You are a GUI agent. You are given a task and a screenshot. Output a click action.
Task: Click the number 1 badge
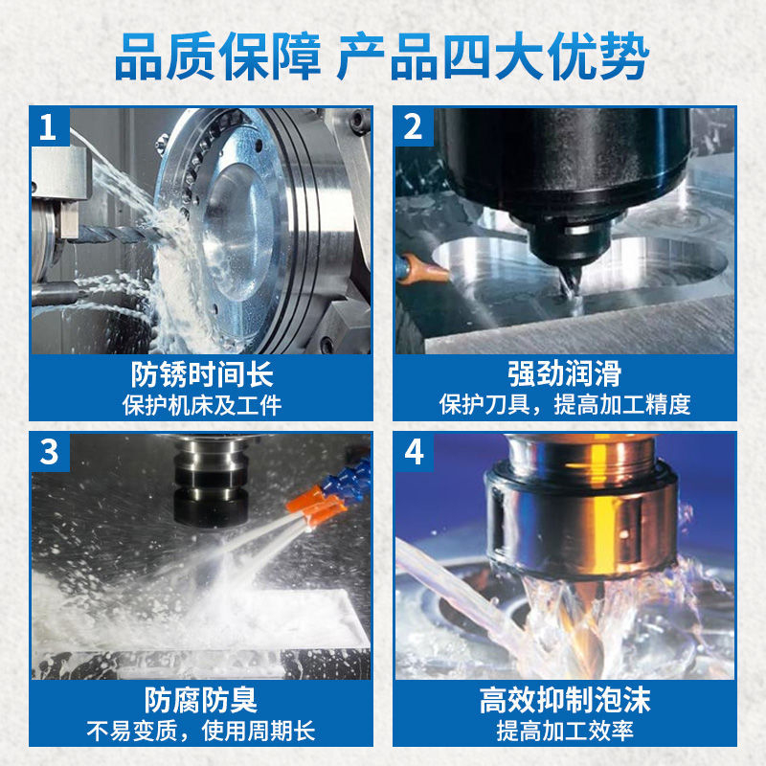(50, 126)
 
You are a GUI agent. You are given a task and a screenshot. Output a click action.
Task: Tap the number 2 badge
(414, 126)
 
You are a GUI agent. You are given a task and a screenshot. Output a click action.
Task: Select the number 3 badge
(50, 452)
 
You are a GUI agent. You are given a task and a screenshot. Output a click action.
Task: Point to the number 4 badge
(414, 452)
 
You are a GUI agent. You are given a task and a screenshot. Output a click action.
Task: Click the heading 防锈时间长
(202, 374)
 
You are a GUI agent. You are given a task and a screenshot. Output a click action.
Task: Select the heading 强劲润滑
(565, 373)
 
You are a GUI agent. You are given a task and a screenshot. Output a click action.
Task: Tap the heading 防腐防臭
(201, 700)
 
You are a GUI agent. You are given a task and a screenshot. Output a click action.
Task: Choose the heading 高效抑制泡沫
(565, 700)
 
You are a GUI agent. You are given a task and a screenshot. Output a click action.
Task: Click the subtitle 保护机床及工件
(202, 405)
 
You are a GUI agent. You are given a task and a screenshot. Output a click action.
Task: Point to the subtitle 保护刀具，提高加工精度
(565, 404)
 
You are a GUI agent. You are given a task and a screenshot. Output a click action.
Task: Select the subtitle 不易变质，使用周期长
(201, 731)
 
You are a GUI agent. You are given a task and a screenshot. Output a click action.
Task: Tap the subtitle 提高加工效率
(565, 731)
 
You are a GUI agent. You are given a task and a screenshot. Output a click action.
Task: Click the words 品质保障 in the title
(218, 56)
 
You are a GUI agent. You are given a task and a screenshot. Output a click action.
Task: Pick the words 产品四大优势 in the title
(493, 56)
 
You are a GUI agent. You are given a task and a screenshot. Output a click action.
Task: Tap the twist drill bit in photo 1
(123, 235)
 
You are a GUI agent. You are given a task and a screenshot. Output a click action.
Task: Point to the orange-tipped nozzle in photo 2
(423, 269)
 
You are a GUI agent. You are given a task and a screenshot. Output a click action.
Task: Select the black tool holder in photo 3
(211, 482)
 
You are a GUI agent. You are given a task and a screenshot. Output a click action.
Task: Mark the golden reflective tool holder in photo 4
(581, 508)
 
